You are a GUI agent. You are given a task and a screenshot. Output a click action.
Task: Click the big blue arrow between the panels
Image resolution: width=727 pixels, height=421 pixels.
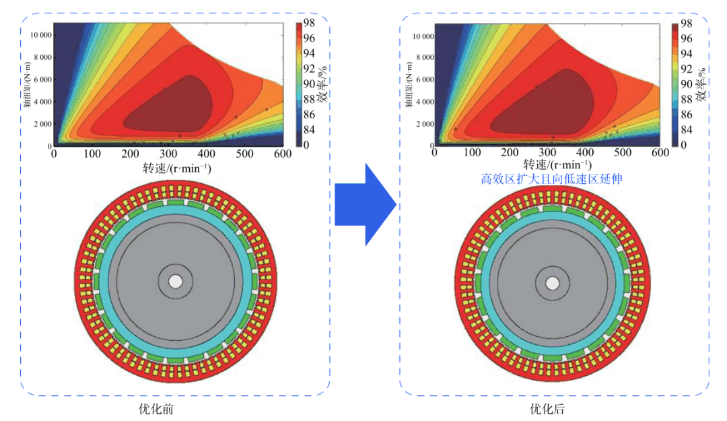click(363, 203)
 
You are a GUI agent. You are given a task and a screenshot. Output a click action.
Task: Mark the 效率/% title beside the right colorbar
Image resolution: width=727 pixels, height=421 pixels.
click(702, 85)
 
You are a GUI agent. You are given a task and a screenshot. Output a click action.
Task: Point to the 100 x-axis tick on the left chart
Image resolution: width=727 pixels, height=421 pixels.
click(92, 154)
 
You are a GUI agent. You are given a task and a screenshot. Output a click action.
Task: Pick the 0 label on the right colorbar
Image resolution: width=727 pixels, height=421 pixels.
click(684, 144)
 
